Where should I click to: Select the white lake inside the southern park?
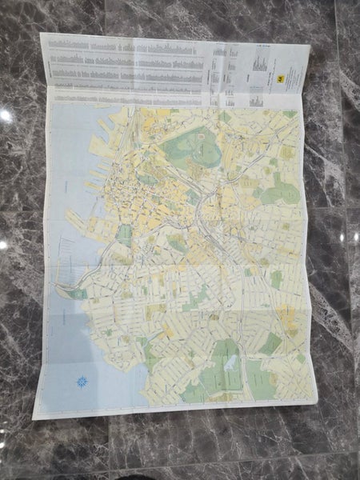(228, 362)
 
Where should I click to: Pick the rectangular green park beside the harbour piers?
(124, 234)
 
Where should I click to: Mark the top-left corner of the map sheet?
(40, 33)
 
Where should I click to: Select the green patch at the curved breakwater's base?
(78, 294)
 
